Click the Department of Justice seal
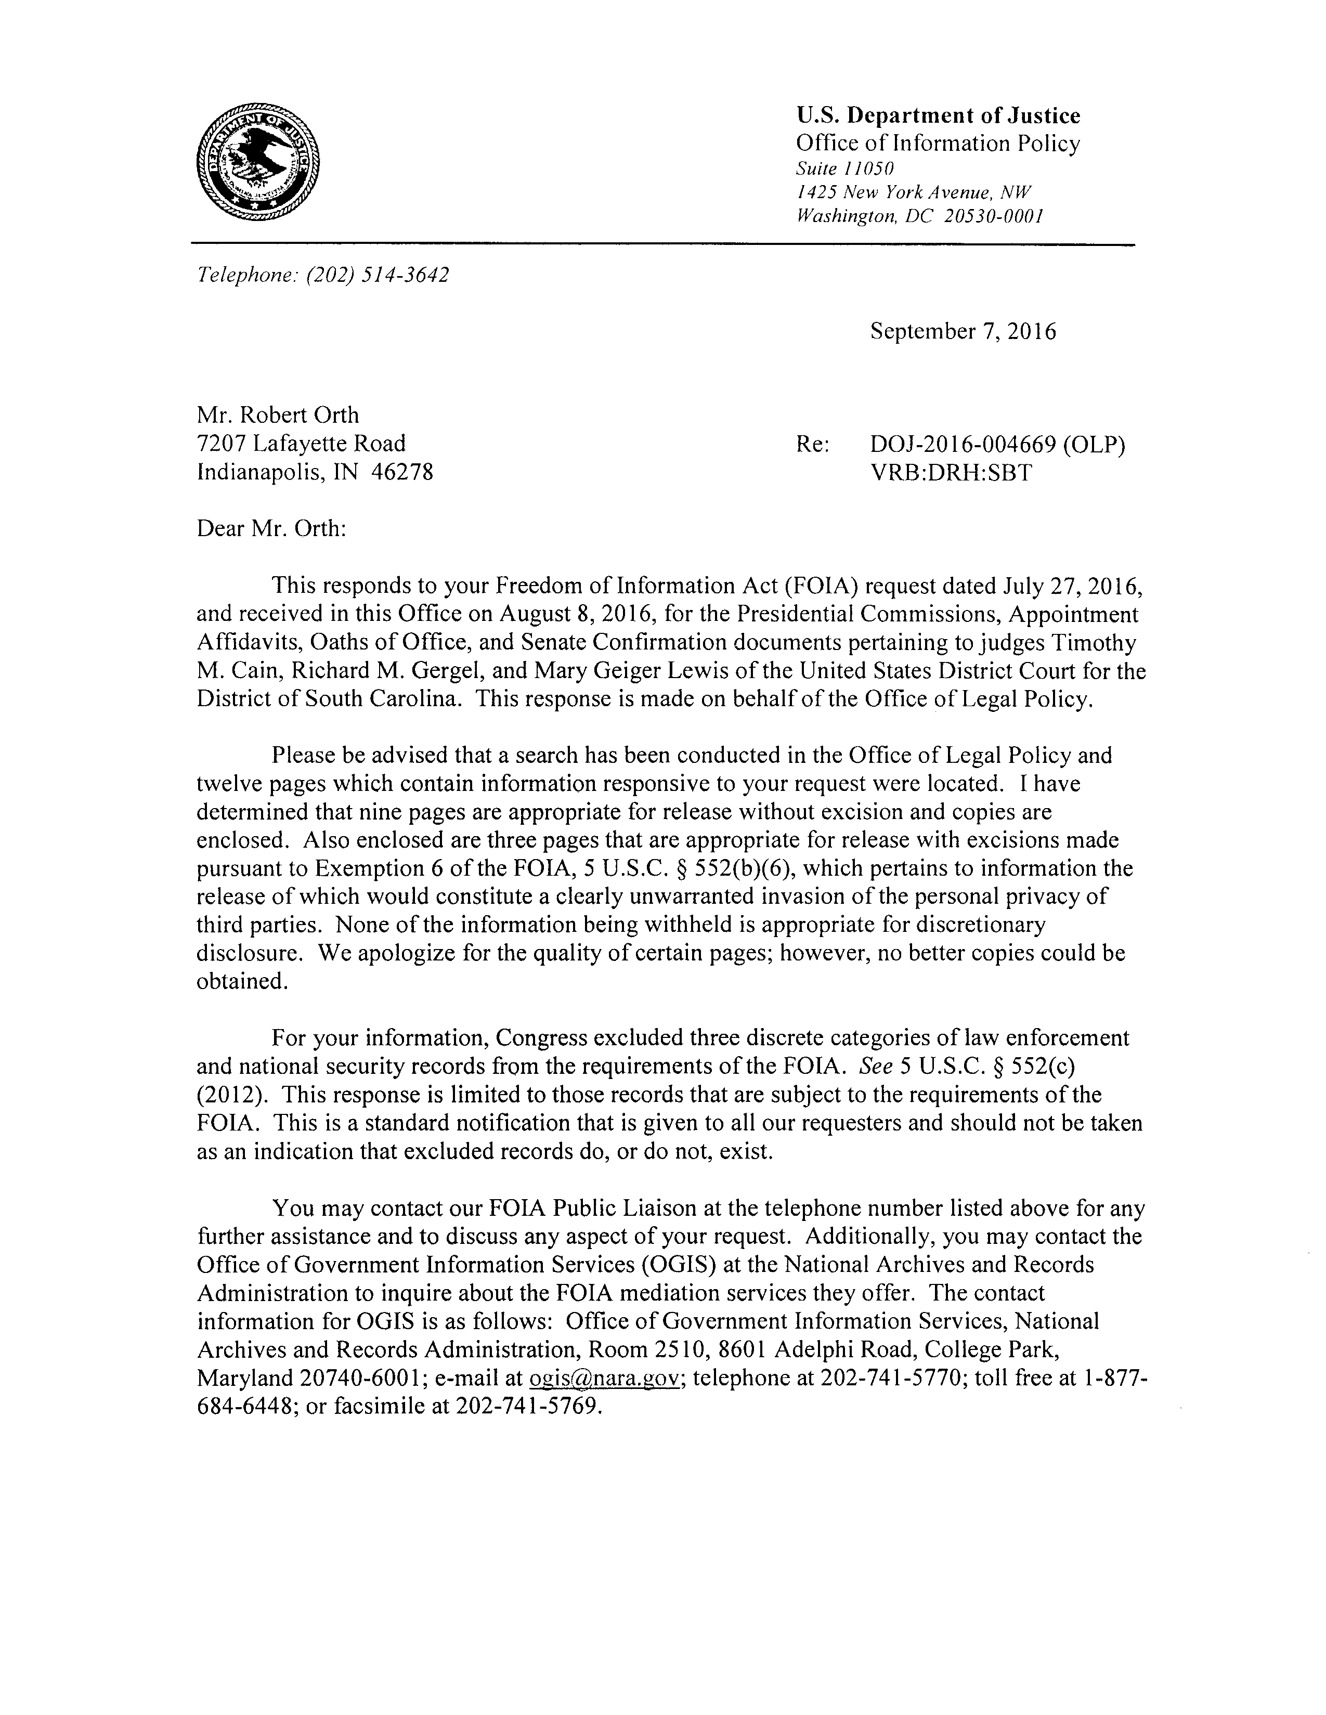pyautogui.click(x=258, y=163)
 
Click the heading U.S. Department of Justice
pyautogui.click(x=938, y=116)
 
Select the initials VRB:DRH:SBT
pyautogui.click(x=951, y=473)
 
